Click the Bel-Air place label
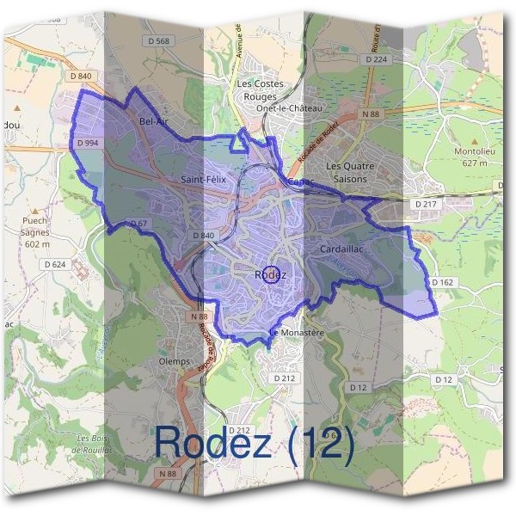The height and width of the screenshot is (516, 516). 153,122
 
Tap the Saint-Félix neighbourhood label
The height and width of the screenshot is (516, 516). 204,179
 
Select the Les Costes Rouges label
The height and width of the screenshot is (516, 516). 255,90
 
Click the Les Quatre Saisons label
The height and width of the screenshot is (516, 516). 347,172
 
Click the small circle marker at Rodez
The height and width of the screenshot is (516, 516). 271,275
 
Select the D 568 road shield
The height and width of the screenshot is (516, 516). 159,41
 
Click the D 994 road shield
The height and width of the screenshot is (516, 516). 88,143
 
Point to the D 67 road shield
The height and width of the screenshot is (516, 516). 138,224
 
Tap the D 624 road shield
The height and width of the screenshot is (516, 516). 53,264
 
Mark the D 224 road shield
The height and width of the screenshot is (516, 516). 376,59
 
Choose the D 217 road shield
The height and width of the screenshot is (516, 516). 426,204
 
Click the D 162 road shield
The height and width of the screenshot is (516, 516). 442,282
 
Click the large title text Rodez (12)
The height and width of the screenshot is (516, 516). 254,442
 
